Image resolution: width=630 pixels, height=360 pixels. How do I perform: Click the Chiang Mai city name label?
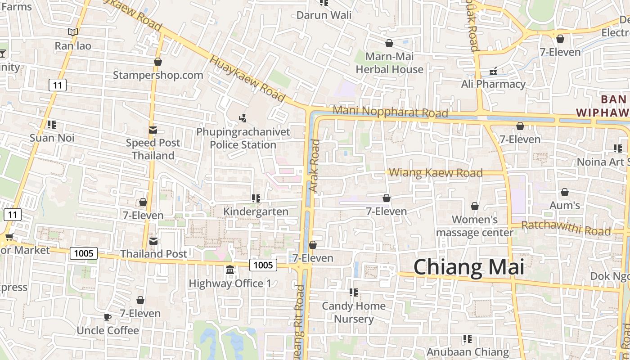(x=468, y=267)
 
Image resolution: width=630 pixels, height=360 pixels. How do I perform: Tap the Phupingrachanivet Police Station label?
(x=243, y=138)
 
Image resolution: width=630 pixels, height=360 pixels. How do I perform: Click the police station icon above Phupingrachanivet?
(x=243, y=118)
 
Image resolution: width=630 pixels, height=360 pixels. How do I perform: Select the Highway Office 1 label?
(x=230, y=283)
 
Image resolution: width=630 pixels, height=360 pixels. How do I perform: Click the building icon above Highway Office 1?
(x=230, y=270)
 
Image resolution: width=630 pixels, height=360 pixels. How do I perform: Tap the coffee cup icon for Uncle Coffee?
(x=108, y=317)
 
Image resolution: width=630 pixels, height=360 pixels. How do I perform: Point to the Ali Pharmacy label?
(x=493, y=84)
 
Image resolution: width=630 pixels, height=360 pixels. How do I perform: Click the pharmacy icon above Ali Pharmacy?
(x=493, y=71)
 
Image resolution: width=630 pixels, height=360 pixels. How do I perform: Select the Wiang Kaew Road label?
(x=435, y=173)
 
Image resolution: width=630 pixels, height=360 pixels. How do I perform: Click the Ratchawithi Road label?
(x=566, y=229)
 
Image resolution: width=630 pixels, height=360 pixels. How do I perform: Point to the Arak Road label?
(x=315, y=166)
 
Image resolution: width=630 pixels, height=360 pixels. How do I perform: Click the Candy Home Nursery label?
(x=354, y=312)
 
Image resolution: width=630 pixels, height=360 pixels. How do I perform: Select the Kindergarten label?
(x=256, y=211)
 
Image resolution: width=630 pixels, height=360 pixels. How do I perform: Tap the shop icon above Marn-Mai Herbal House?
(x=389, y=43)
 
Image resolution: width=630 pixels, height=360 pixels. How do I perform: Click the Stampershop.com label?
(x=158, y=75)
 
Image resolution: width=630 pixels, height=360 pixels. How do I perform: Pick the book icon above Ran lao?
(x=73, y=32)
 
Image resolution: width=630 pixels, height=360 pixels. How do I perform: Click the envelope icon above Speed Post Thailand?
(x=153, y=130)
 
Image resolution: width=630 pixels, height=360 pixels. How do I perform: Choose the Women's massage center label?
(x=475, y=226)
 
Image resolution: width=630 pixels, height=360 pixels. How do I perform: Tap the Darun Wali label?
(x=324, y=15)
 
